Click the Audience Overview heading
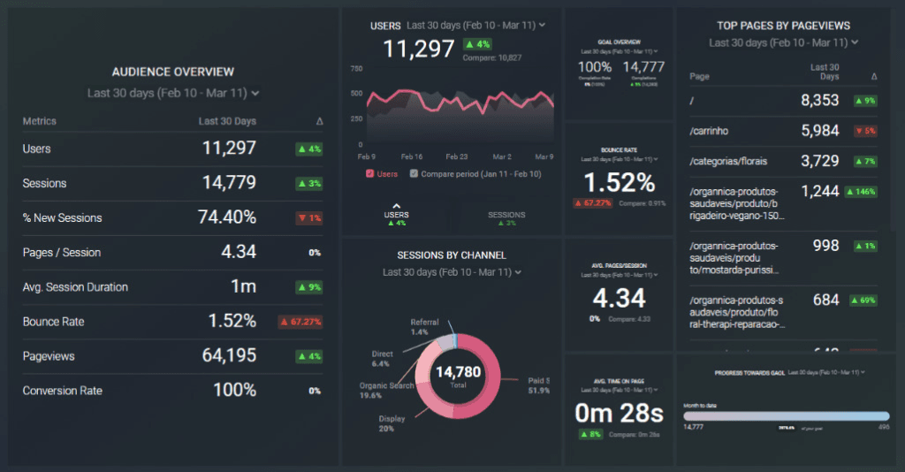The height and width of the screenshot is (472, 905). click(172, 72)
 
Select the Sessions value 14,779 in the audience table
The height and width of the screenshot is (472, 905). click(228, 183)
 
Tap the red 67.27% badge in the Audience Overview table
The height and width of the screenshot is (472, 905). click(299, 322)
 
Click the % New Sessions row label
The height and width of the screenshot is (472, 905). click(62, 218)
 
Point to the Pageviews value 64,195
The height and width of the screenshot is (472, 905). click(228, 356)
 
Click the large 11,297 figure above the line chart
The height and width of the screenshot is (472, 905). click(419, 50)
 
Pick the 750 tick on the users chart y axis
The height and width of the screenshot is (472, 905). click(356, 68)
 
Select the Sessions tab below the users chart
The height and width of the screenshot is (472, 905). click(506, 215)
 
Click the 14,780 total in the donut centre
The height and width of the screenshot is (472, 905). click(458, 372)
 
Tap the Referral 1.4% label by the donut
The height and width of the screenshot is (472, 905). click(424, 326)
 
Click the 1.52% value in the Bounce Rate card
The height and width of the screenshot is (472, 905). click(619, 183)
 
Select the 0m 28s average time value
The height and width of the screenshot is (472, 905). click(619, 413)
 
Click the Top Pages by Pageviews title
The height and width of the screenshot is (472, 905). click(783, 26)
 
